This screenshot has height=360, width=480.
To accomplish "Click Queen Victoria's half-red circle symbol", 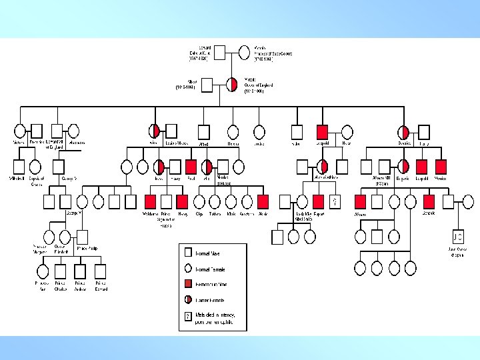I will [233, 85].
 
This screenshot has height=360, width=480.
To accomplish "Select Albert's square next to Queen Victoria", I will [207, 85].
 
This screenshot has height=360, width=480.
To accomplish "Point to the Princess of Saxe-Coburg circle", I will [245, 51].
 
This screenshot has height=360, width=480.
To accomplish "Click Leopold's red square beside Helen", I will [323, 131].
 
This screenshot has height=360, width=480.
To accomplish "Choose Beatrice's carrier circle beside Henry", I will [403, 131].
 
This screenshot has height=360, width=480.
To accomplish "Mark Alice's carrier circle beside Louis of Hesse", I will [155, 131].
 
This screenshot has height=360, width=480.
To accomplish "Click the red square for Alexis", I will [263, 201].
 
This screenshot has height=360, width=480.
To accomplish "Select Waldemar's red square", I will [150, 201].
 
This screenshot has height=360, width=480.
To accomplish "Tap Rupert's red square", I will [319, 201].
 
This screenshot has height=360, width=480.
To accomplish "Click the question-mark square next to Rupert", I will [335, 201].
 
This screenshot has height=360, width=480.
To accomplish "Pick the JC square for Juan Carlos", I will [457, 237].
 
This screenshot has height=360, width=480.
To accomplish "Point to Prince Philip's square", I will [82, 237].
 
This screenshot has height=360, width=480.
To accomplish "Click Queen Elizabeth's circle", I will [65, 237].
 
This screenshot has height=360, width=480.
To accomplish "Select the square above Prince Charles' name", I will [61, 271].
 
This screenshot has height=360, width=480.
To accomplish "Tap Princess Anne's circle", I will [43, 271].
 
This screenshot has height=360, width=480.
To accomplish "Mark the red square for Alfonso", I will [361, 201].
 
